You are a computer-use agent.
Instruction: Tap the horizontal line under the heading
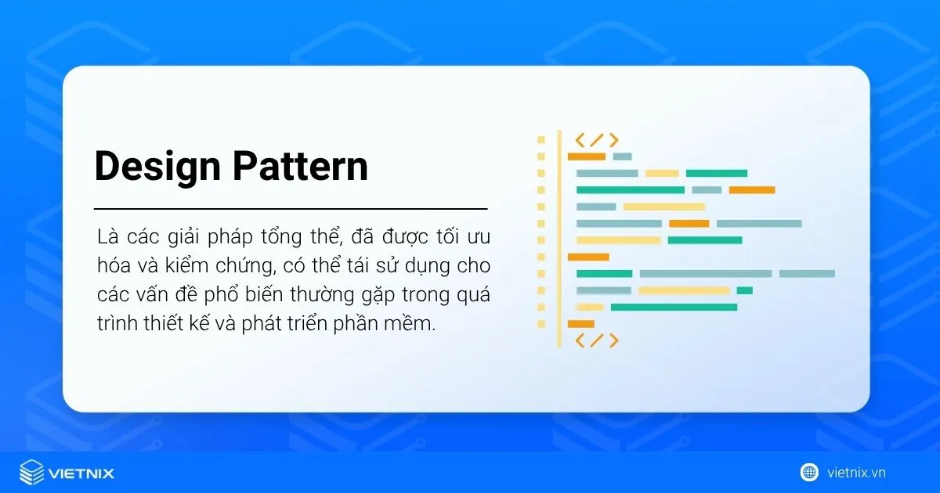(x=291, y=209)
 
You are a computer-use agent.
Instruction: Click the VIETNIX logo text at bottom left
(x=81, y=473)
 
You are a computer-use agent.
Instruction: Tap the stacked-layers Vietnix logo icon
(x=32, y=473)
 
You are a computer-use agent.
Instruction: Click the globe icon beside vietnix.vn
(x=809, y=472)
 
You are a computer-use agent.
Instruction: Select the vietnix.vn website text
(x=856, y=473)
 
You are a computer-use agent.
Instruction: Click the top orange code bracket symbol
(x=597, y=140)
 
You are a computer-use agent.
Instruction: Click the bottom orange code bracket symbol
(x=597, y=340)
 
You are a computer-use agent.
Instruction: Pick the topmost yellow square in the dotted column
(x=540, y=140)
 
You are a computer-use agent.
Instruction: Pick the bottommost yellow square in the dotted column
(x=540, y=323)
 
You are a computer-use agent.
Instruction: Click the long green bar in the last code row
(x=674, y=307)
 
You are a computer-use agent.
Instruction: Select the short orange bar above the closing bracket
(x=580, y=323)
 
